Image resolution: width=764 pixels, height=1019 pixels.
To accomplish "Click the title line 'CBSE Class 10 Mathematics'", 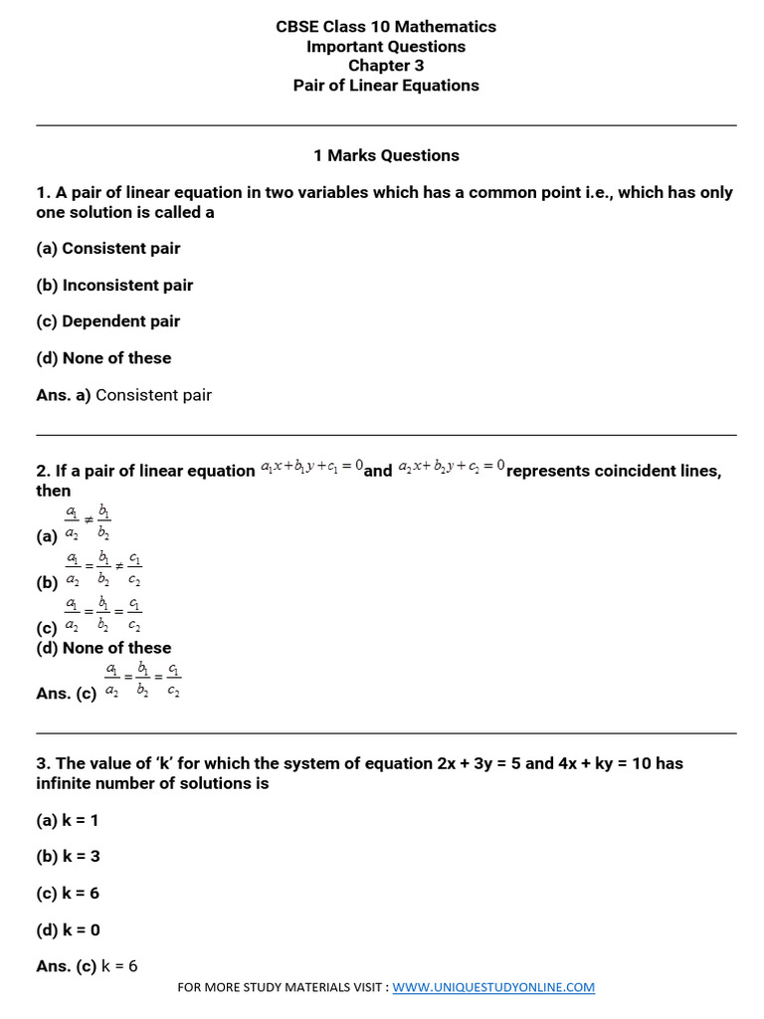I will click(x=385, y=27).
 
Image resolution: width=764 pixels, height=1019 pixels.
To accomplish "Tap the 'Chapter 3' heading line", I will click(x=385, y=66).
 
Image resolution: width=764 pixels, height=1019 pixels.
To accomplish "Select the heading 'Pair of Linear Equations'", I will click(x=385, y=86).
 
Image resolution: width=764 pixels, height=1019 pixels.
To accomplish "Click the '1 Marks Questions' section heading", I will click(x=385, y=155).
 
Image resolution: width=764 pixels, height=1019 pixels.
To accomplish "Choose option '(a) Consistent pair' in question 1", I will click(x=108, y=249).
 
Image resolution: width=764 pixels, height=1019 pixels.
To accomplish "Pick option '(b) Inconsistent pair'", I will click(x=114, y=286).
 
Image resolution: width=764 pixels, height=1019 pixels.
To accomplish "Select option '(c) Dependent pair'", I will click(x=108, y=321).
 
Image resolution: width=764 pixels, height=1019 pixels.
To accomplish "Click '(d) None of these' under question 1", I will click(x=103, y=358).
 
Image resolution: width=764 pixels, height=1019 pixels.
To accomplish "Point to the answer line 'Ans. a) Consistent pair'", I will click(x=123, y=395).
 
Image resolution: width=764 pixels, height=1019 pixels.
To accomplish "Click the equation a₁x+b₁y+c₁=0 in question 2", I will click(x=311, y=467).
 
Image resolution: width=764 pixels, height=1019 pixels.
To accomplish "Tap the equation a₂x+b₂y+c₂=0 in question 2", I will click(x=452, y=467).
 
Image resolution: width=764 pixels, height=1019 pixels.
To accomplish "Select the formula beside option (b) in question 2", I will click(x=102, y=570).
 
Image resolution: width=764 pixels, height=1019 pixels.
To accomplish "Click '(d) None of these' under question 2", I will click(x=103, y=648).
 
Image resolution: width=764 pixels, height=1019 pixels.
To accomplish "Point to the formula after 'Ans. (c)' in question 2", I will click(x=142, y=681).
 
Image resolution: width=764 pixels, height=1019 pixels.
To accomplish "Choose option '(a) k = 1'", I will click(x=68, y=820).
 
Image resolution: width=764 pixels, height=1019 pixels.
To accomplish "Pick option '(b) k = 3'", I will click(x=68, y=857).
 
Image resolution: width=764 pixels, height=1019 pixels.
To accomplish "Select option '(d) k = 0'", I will click(x=68, y=929).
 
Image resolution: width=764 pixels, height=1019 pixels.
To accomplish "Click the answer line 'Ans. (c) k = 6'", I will click(x=87, y=966).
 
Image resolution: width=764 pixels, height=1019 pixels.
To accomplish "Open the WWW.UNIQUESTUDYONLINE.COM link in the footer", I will click(x=493, y=988).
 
